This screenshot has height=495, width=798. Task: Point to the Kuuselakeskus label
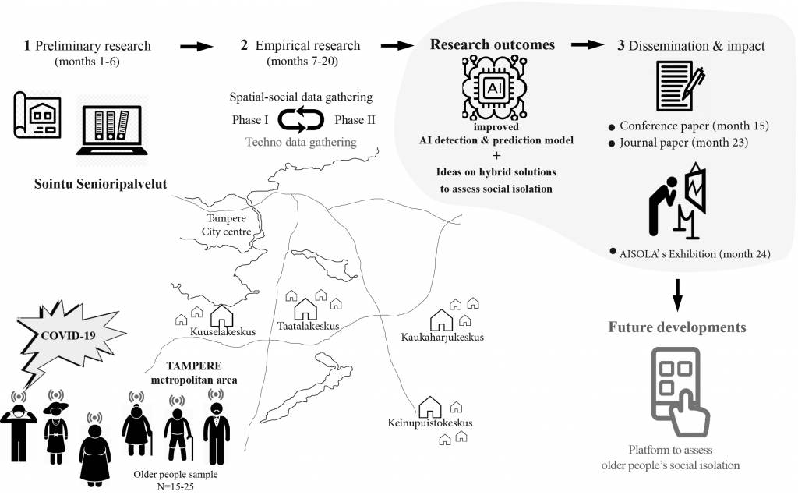tap(223, 331)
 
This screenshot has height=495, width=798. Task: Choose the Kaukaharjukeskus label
tap(445, 337)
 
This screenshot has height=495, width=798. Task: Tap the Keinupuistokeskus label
tap(429, 423)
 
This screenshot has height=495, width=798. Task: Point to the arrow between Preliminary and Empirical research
tap(196, 47)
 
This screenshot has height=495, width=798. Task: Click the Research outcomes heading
tap(493, 45)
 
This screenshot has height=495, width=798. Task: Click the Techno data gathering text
tap(301, 142)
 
